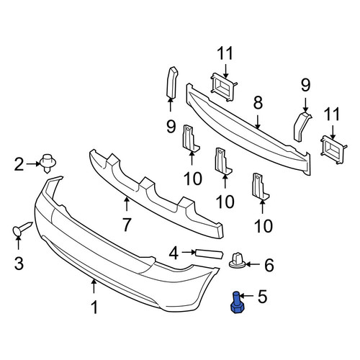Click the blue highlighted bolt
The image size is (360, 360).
(236, 302)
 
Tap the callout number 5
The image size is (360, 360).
(262, 297)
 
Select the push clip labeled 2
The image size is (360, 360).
(48, 163)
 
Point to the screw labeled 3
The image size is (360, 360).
(22, 229)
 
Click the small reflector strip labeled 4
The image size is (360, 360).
(210, 254)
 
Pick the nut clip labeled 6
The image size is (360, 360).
(237, 260)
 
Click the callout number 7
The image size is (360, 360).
(127, 225)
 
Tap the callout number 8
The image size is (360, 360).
(258, 103)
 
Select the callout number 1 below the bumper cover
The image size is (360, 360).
(95, 307)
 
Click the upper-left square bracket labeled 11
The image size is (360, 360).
(222, 87)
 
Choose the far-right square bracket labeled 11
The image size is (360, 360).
(333, 150)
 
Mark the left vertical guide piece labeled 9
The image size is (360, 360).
(172, 83)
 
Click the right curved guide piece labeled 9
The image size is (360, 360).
(302, 127)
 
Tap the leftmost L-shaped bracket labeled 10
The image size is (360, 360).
(190, 139)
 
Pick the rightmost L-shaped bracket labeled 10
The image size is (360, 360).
(259, 186)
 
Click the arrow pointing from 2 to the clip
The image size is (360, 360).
(33, 164)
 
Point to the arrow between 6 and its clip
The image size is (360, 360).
(253, 264)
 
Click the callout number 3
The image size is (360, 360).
(19, 263)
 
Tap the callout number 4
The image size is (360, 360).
(174, 253)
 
